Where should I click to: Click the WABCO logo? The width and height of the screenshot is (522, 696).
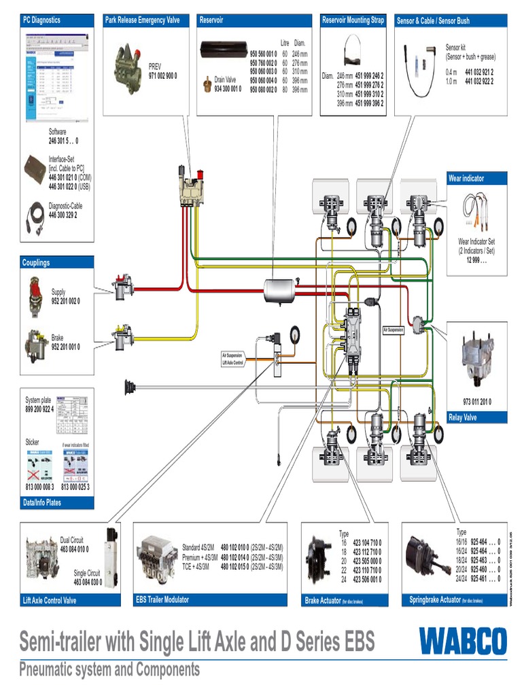coord(462,642)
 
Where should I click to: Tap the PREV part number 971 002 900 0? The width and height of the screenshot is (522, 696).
coord(162,76)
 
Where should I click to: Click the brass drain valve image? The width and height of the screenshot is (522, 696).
coord(205,85)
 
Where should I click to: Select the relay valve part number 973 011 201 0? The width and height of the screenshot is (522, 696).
coord(477,402)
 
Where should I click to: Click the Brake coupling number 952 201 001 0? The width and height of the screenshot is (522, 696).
coord(65,347)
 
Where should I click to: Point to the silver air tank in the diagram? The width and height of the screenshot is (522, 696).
coord(282,290)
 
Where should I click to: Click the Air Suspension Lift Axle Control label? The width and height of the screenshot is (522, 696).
coord(232,358)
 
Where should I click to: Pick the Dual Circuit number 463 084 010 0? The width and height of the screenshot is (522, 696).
coord(74,549)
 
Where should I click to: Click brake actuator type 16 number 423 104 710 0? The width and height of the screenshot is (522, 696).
coord(366,543)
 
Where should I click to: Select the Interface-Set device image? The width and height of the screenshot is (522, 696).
coord(35,167)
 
